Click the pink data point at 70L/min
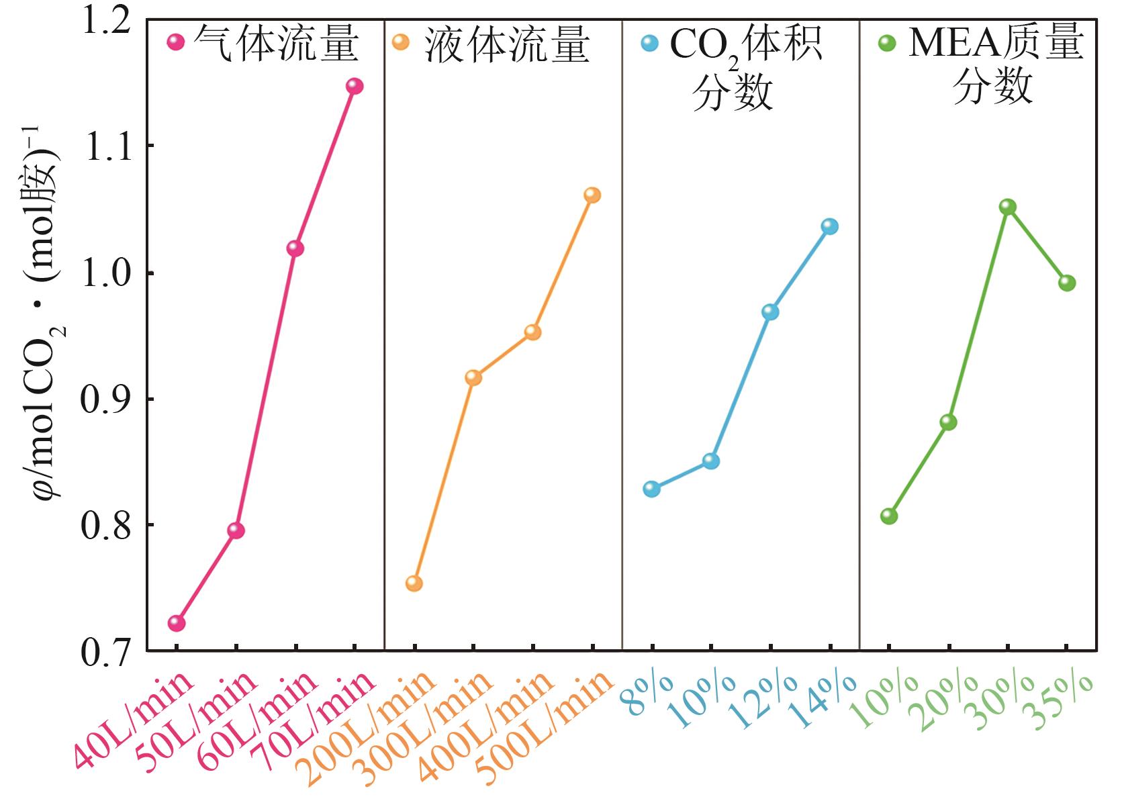[354, 86]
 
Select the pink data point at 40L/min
[176, 623]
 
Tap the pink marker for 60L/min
[295, 248]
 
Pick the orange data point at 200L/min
[414, 583]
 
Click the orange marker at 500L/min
[592, 195]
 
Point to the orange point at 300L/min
[473, 377]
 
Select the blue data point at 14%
[830, 226]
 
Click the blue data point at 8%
[651, 489]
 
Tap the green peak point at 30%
[1008, 207]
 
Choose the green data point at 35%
[1067, 283]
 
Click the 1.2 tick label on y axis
[104, 21]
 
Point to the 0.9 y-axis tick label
[104, 400]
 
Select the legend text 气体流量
[276, 44]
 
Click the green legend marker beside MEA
[887, 44]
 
